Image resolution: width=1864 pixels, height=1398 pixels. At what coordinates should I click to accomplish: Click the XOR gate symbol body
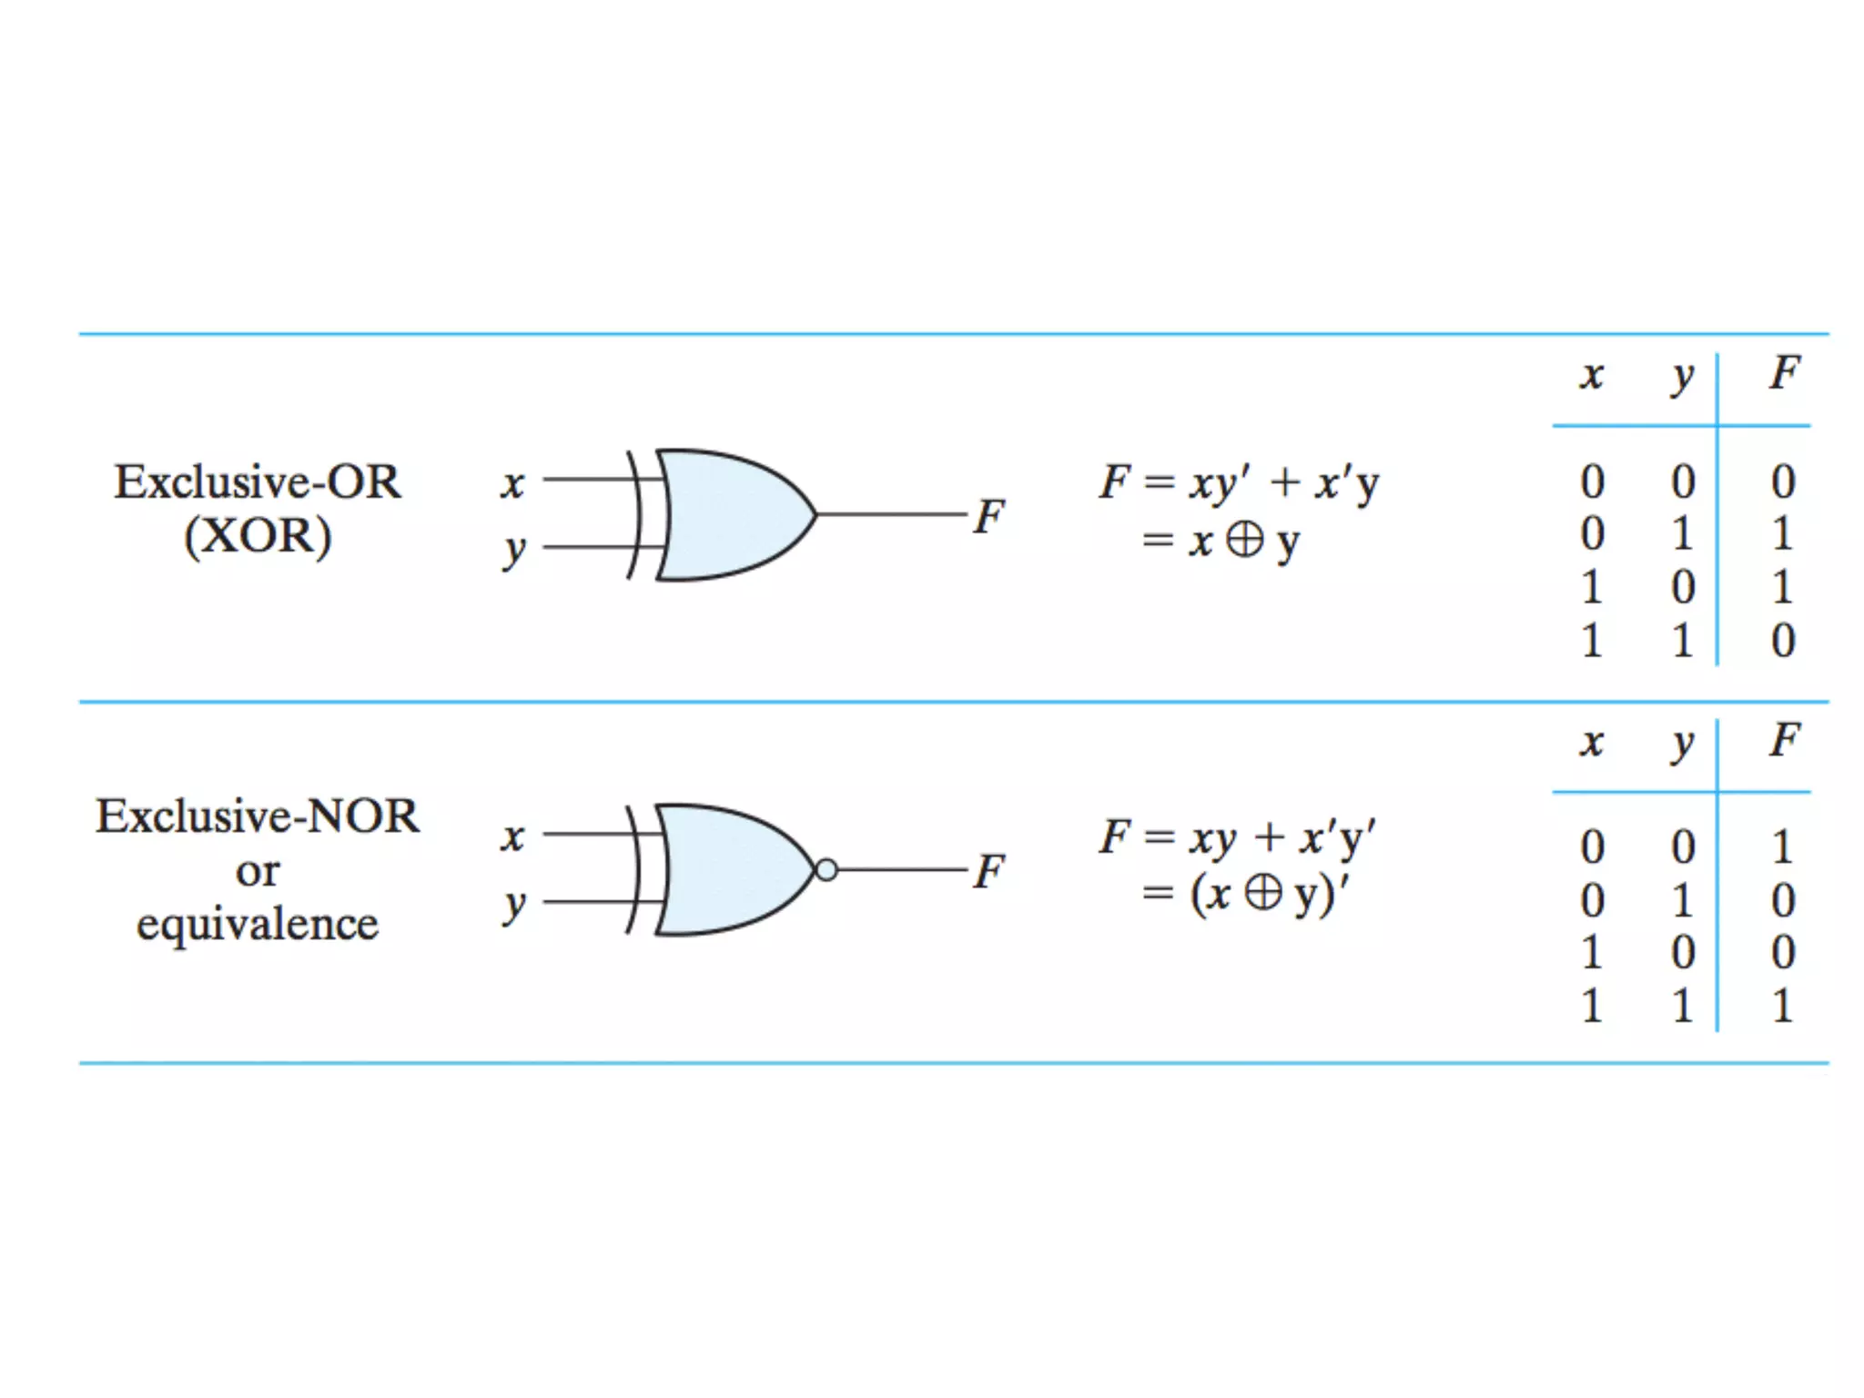point(728,515)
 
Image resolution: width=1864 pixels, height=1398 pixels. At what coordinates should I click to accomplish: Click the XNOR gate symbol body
point(728,870)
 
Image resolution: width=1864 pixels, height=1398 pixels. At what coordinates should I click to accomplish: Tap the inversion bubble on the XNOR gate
point(826,870)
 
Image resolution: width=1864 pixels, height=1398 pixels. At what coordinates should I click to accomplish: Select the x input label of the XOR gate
point(512,482)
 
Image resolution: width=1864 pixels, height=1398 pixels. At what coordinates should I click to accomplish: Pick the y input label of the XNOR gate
point(514,905)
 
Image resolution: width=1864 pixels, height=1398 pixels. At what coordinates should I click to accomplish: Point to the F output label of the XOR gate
point(989,516)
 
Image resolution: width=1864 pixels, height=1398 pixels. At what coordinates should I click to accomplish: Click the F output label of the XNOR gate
point(989,871)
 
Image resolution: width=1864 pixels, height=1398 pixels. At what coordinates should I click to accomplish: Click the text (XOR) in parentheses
point(258,536)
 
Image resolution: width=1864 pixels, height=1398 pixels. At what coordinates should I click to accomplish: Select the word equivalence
point(258,925)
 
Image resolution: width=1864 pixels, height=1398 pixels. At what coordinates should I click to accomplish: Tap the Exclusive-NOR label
point(258,815)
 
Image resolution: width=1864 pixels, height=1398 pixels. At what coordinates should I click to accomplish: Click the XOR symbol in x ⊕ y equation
point(1244,540)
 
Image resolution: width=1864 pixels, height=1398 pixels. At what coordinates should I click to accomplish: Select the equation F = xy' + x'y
point(1239,482)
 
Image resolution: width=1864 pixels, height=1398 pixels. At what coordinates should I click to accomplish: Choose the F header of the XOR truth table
point(1784,373)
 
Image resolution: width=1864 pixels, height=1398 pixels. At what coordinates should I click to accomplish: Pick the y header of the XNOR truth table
point(1682,743)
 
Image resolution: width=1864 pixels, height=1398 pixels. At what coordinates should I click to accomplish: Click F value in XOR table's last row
point(1783,641)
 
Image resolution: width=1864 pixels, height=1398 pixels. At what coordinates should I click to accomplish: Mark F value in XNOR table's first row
point(1783,847)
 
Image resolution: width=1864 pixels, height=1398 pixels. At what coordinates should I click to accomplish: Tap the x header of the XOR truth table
point(1591,375)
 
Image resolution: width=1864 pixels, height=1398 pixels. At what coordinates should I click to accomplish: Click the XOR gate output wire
point(892,514)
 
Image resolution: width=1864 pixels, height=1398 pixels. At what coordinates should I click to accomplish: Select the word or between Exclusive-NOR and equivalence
point(258,871)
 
